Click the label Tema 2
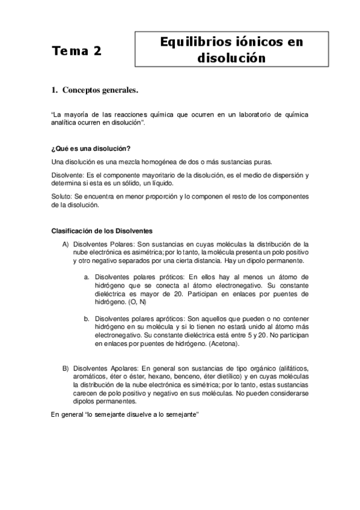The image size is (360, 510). click(76, 51)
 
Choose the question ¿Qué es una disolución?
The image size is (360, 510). click(91, 149)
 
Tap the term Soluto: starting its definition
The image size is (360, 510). click(63, 197)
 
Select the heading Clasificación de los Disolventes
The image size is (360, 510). click(102, 231)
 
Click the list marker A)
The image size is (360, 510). click(66, 245)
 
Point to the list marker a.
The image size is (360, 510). click(87, 277)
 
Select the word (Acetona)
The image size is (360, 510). click(221, 344)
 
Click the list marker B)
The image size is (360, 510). click(66, 367)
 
